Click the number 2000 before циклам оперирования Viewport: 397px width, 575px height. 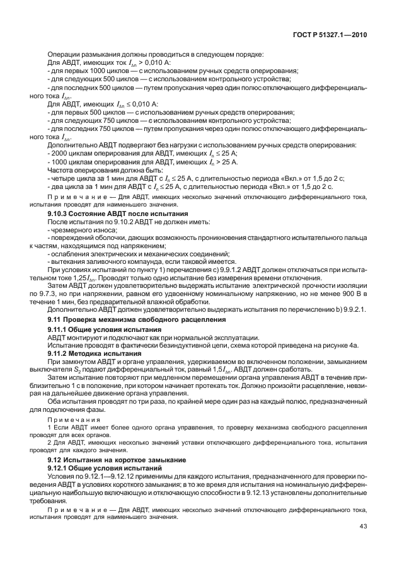tap(59, 152)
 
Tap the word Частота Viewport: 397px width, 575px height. tap(61, 169)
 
